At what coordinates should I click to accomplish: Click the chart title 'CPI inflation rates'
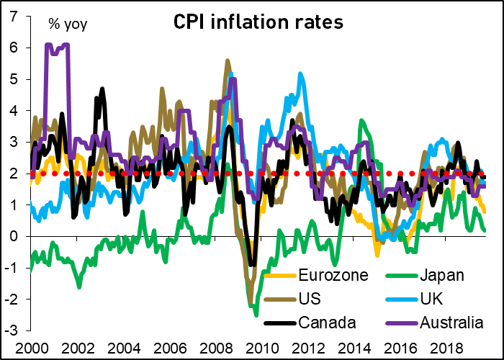(x=258, y=22)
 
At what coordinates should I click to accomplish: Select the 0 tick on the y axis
(x=14, y=236)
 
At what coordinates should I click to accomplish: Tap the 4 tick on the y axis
(x=14, y=110)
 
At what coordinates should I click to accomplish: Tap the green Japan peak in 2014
(x=361, y=121)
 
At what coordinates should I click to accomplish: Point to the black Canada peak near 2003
(x=102, y=89)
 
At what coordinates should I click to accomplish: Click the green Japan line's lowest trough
(x=256, y=314)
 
